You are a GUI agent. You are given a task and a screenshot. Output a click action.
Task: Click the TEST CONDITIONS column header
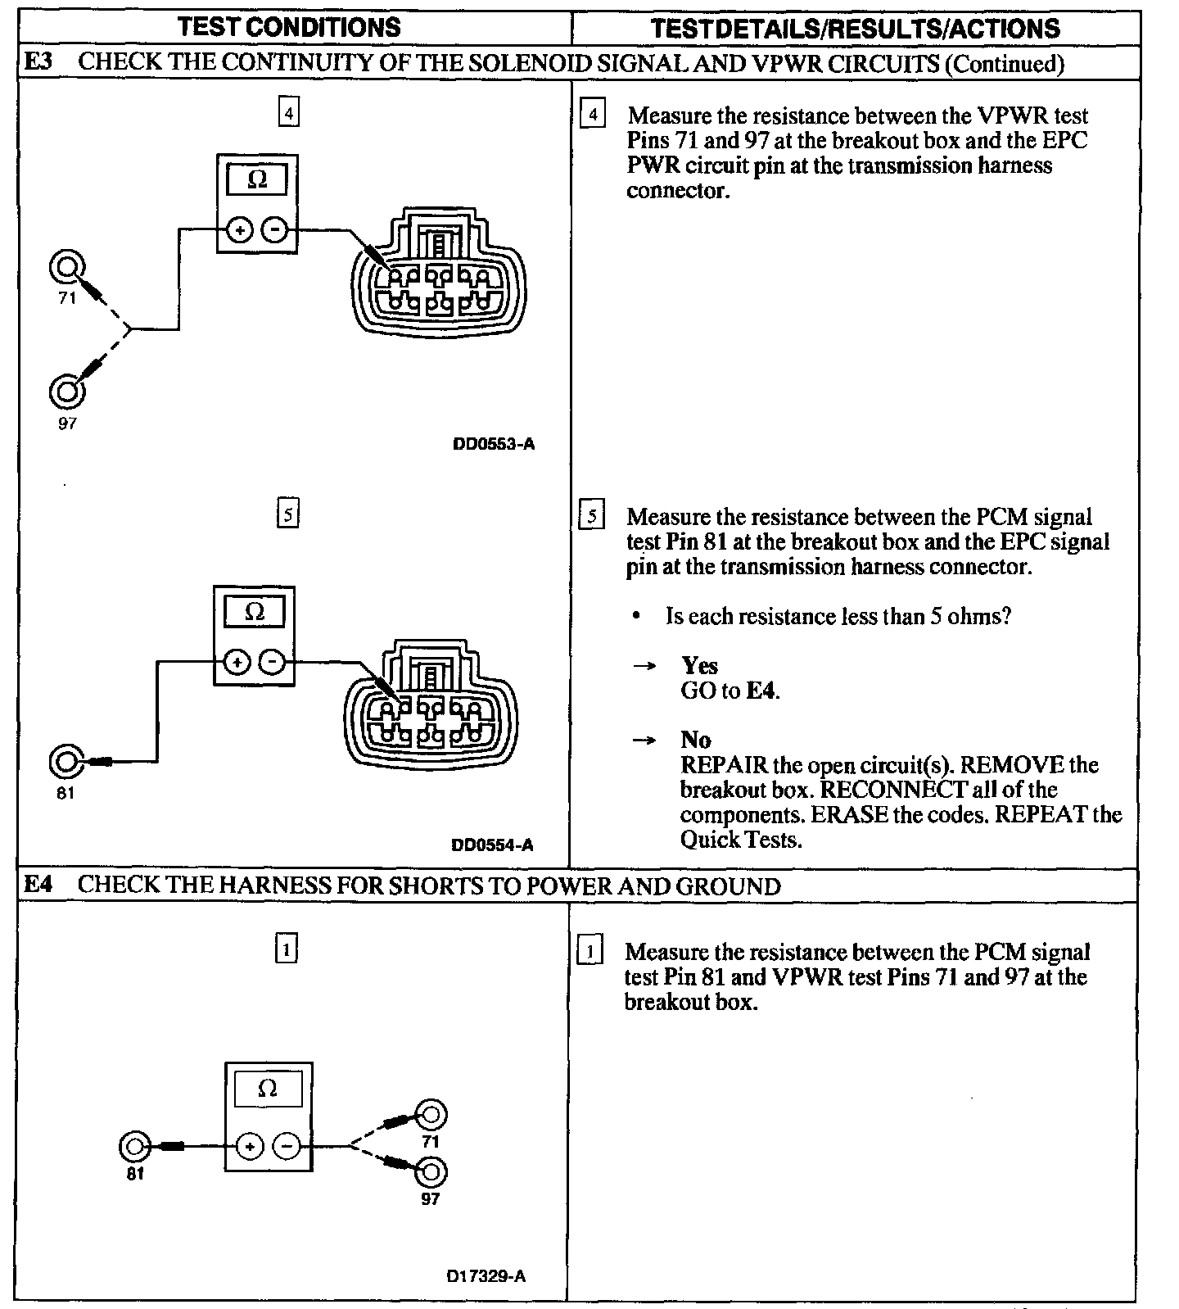click(x=290, y=27)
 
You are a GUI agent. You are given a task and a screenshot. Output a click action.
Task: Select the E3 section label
click(x=38, y=63)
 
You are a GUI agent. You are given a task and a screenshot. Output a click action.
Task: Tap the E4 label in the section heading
click(x=38, y=885)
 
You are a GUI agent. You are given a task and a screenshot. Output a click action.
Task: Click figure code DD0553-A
click(x=494, y=445)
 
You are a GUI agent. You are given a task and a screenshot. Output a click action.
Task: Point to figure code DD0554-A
click(x=492, y=845)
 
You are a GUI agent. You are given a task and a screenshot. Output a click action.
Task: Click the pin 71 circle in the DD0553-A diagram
click(x=67, y=267)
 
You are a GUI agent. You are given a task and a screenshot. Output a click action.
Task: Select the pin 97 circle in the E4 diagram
click(x=431, y=1172)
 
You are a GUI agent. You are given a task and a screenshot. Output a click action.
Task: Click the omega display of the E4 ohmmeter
click(x=268, y=1089)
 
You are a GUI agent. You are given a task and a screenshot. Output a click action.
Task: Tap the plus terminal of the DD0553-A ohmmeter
click(x=238, y=231)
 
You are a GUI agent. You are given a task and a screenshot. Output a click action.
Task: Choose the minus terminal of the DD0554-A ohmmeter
click(x=275, y=661)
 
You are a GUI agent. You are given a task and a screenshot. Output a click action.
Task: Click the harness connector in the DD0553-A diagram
click(x=439, y=279)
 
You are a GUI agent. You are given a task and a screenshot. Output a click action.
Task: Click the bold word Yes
click(x=699, y=665)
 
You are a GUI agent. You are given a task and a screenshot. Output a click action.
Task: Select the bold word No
click(x=696, y=740)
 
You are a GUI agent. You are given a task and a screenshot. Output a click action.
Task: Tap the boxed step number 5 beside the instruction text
click(x=591, y=516)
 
